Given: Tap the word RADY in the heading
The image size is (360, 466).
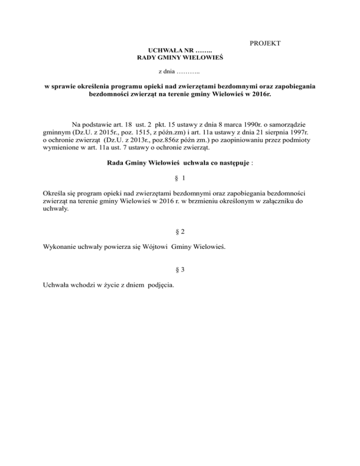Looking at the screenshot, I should click(x=145, y=58).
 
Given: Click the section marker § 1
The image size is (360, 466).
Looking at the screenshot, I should click(x=180, y=179).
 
